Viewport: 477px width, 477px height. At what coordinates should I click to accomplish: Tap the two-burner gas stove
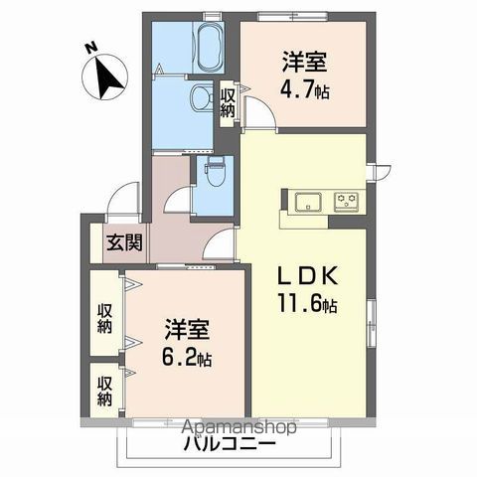pos(347,201)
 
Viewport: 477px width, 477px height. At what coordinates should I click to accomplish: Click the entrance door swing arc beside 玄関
pos(121,199)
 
